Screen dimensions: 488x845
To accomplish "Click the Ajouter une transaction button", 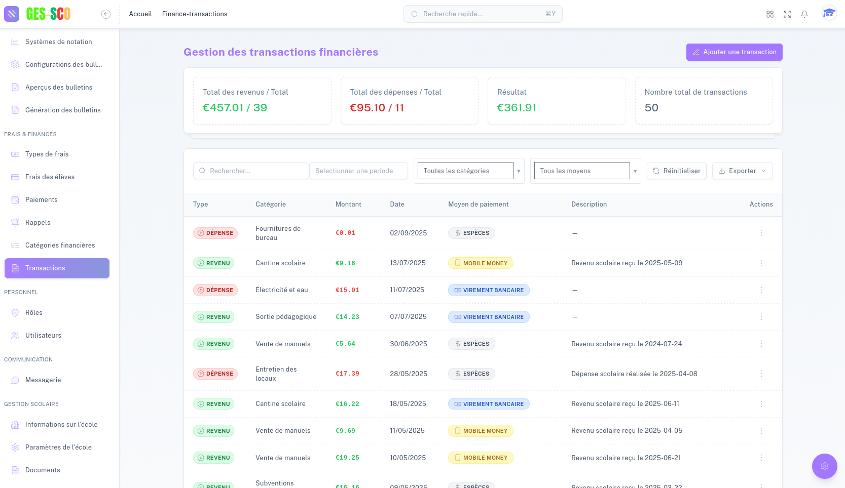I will [x=734, y=52].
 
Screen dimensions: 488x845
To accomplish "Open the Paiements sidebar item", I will [x=42, y=200].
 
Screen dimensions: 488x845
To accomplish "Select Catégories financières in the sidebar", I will [x=60, y=246].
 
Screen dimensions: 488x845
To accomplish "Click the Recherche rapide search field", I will [x=483, y=14].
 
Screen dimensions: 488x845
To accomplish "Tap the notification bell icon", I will [x=804, y=14].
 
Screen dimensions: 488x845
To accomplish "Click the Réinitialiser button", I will [x=676, y=171].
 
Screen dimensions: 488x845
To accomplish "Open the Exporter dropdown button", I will [x=742, y=171].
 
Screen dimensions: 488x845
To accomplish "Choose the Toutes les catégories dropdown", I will [x=468, y=171].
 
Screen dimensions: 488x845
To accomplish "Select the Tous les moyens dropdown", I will [x=585, y=171].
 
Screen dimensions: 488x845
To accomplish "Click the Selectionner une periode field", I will [x=358, y=171].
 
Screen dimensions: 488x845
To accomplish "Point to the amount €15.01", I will [x=347, y=290].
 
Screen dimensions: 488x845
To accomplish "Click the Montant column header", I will [x=348, y=205].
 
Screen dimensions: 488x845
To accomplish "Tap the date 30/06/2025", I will [x=408, y=344].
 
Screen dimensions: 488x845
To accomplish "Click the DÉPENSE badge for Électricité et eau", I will [x=215, y=290].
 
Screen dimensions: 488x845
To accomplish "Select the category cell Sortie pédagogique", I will [x=286, y=317].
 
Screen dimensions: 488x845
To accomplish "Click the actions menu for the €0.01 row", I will [x=761, y=233].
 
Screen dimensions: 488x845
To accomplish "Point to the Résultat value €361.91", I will [x=517, y=108].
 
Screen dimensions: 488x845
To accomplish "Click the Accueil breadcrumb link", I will [x=140, y=14].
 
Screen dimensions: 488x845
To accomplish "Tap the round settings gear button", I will [x=824, y=466].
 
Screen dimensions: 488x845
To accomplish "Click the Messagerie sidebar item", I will [x=43, y=380].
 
